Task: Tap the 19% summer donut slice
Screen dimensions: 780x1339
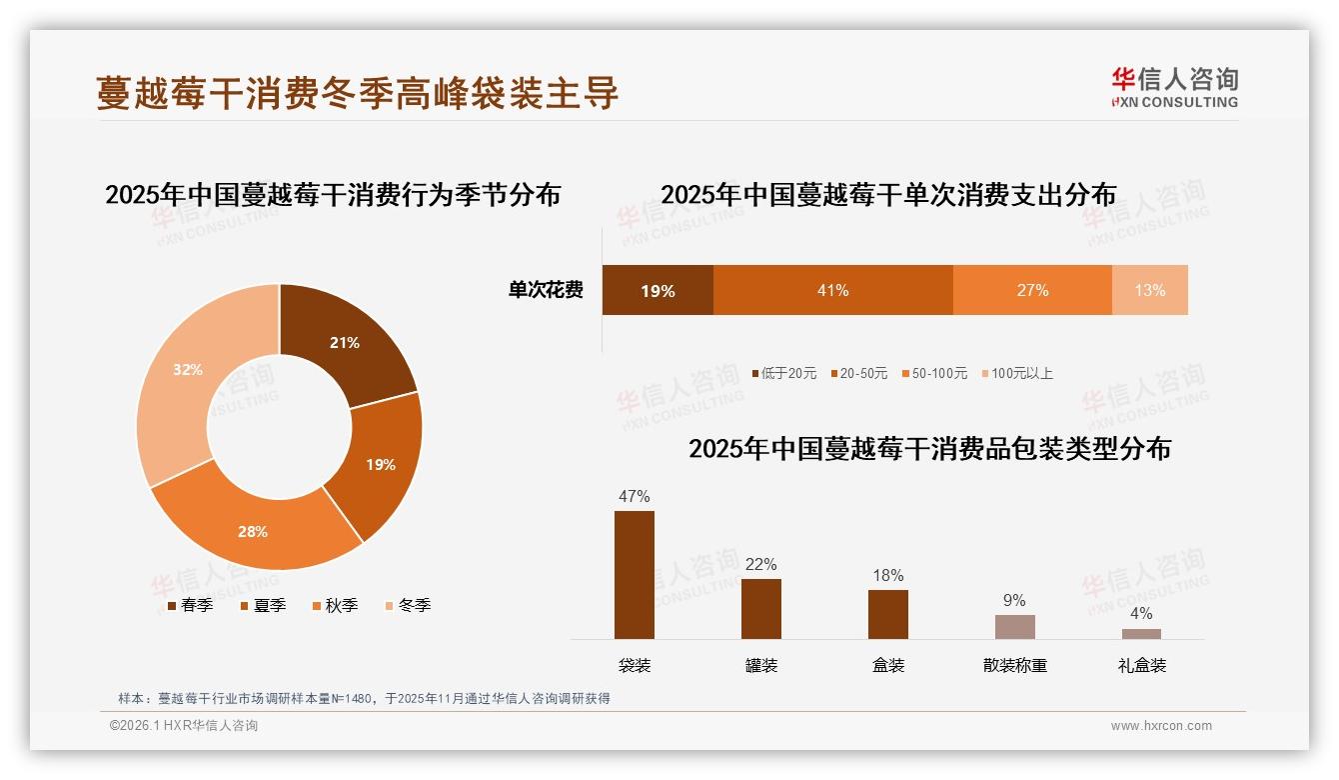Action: (380, 464)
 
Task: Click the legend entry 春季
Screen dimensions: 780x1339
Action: (189, 605)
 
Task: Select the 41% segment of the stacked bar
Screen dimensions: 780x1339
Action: (832, 290)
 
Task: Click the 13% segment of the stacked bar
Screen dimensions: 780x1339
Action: (1149, 290)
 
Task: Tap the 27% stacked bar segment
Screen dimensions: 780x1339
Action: (1032, 290)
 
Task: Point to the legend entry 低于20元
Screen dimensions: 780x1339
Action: (783, 373)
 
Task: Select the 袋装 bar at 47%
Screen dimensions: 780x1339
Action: (635, 575)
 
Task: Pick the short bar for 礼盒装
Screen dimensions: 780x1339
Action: (1141, 633)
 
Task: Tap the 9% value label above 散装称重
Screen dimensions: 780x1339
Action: (1014, 600)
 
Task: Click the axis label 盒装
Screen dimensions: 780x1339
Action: (887, 665)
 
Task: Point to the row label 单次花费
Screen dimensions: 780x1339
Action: (546, 290)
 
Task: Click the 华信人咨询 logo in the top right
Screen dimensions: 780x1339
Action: (1174, 87)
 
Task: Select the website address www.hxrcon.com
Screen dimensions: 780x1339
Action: (1161, 726)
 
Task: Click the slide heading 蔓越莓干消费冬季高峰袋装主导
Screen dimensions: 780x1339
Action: (358, 93)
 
